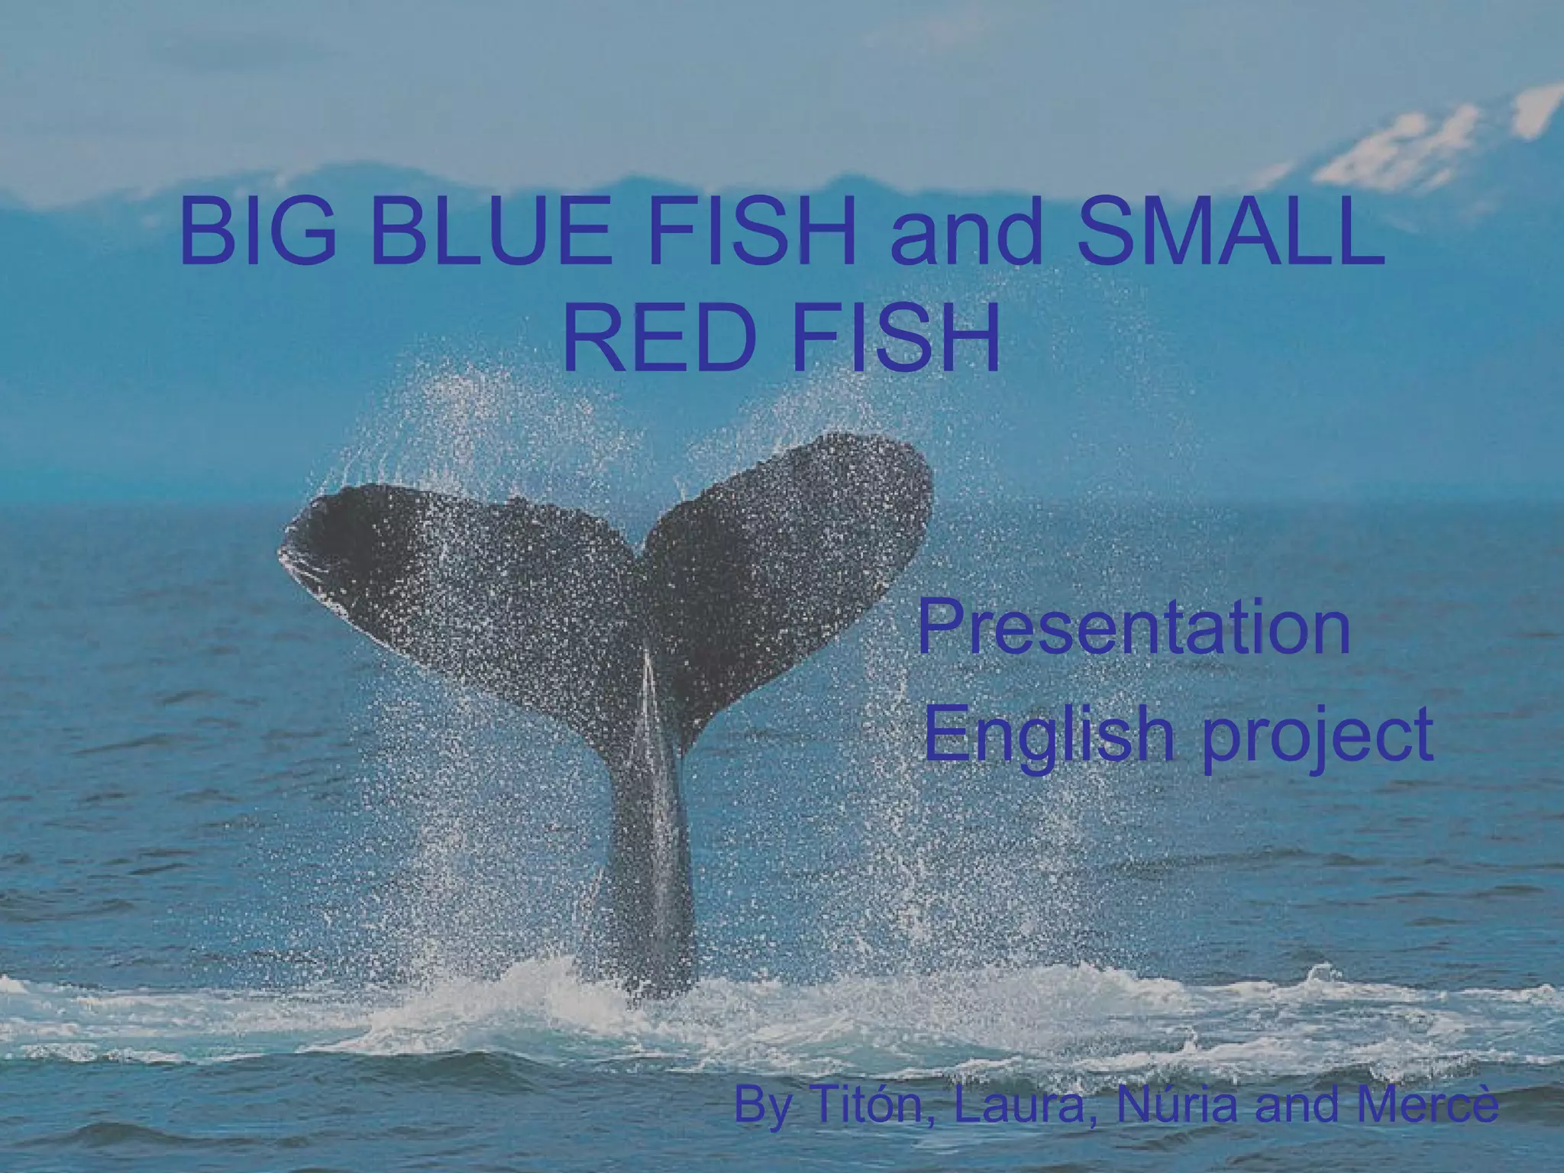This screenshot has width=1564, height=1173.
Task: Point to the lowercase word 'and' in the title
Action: [962, 233]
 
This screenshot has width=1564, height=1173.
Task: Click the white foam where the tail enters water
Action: [649, 1000]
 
